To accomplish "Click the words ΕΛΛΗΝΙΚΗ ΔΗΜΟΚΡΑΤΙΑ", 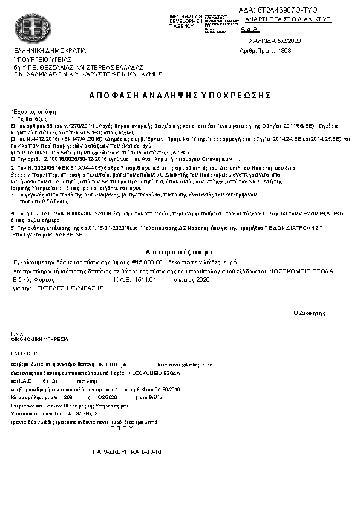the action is tap(50, 50).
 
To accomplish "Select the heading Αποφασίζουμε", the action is tap(180, 251).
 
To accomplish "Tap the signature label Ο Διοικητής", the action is tap(309, 313).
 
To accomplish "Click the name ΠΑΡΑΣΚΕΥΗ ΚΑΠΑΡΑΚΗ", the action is tap(127, 452).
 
